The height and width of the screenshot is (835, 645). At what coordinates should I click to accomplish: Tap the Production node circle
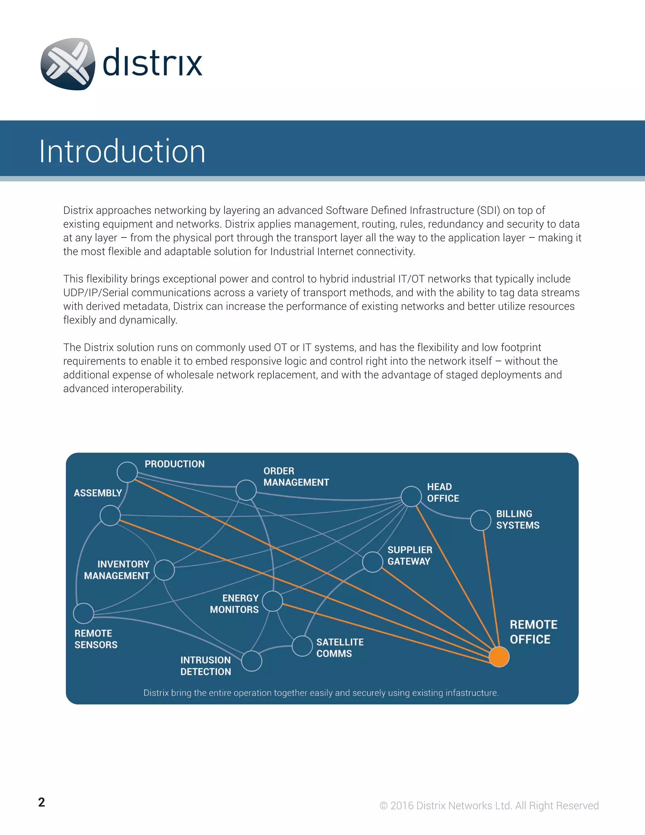click(x=127, y=472)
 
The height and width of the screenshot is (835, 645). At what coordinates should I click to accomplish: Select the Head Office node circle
click(x=411, y=497)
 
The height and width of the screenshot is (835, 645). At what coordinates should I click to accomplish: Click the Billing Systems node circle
click(x=481, y=520)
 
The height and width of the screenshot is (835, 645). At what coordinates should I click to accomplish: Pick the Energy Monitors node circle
click(x=272, y=601)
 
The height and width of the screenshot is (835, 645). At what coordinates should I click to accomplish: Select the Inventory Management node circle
click(x=164, y=570)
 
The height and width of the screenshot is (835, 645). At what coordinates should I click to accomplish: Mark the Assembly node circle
click(x=110, y=515)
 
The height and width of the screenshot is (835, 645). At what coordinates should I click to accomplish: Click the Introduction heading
click(x=122, y=151)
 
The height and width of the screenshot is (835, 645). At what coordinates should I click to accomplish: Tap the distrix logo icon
click(x=68, y=64)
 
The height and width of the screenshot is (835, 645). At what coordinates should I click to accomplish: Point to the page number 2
click(x=42, y=802)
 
